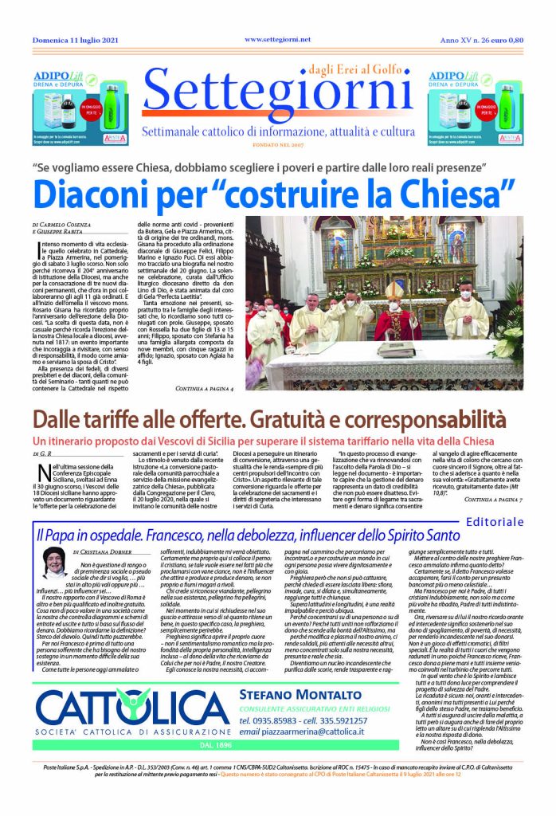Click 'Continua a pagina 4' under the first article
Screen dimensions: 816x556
(204, 388)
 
